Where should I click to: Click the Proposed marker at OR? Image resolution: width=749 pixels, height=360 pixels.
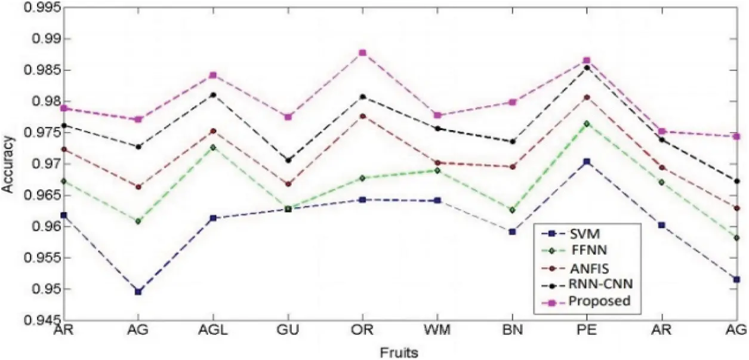(363, 53)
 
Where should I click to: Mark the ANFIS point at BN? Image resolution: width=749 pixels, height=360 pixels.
(513, 167)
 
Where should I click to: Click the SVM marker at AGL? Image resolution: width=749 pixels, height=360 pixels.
(213, 218)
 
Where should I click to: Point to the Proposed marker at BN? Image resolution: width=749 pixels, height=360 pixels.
(513, 102)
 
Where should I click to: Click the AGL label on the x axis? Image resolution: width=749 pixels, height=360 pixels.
(213, 330)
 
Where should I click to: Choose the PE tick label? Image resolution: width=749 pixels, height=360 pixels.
(587, 330)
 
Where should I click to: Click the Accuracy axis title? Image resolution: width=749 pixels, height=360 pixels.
(8, 164)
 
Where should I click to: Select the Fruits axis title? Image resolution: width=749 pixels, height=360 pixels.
(399, 352)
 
